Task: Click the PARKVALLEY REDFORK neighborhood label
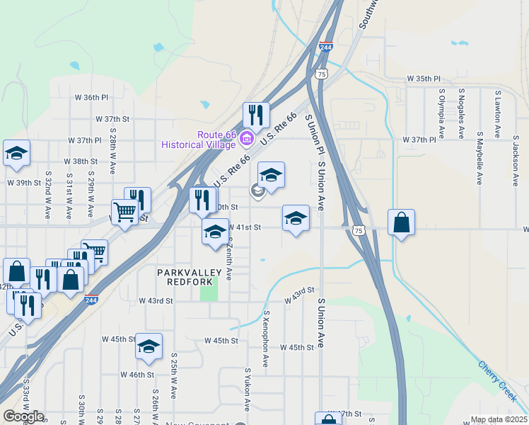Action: coord(189,276)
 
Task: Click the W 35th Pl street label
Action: coord(423,79)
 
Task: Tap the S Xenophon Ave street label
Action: coord(266,338)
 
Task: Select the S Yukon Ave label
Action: coord(248,389)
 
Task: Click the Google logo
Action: coord(23,416)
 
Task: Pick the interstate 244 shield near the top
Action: coord(325,47)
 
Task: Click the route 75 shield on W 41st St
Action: coord(359,230)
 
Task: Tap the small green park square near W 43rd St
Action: coord(209,291)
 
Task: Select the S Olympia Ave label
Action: coord(441,113)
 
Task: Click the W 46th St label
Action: coord(137,374)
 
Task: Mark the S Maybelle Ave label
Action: coord(479,157)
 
